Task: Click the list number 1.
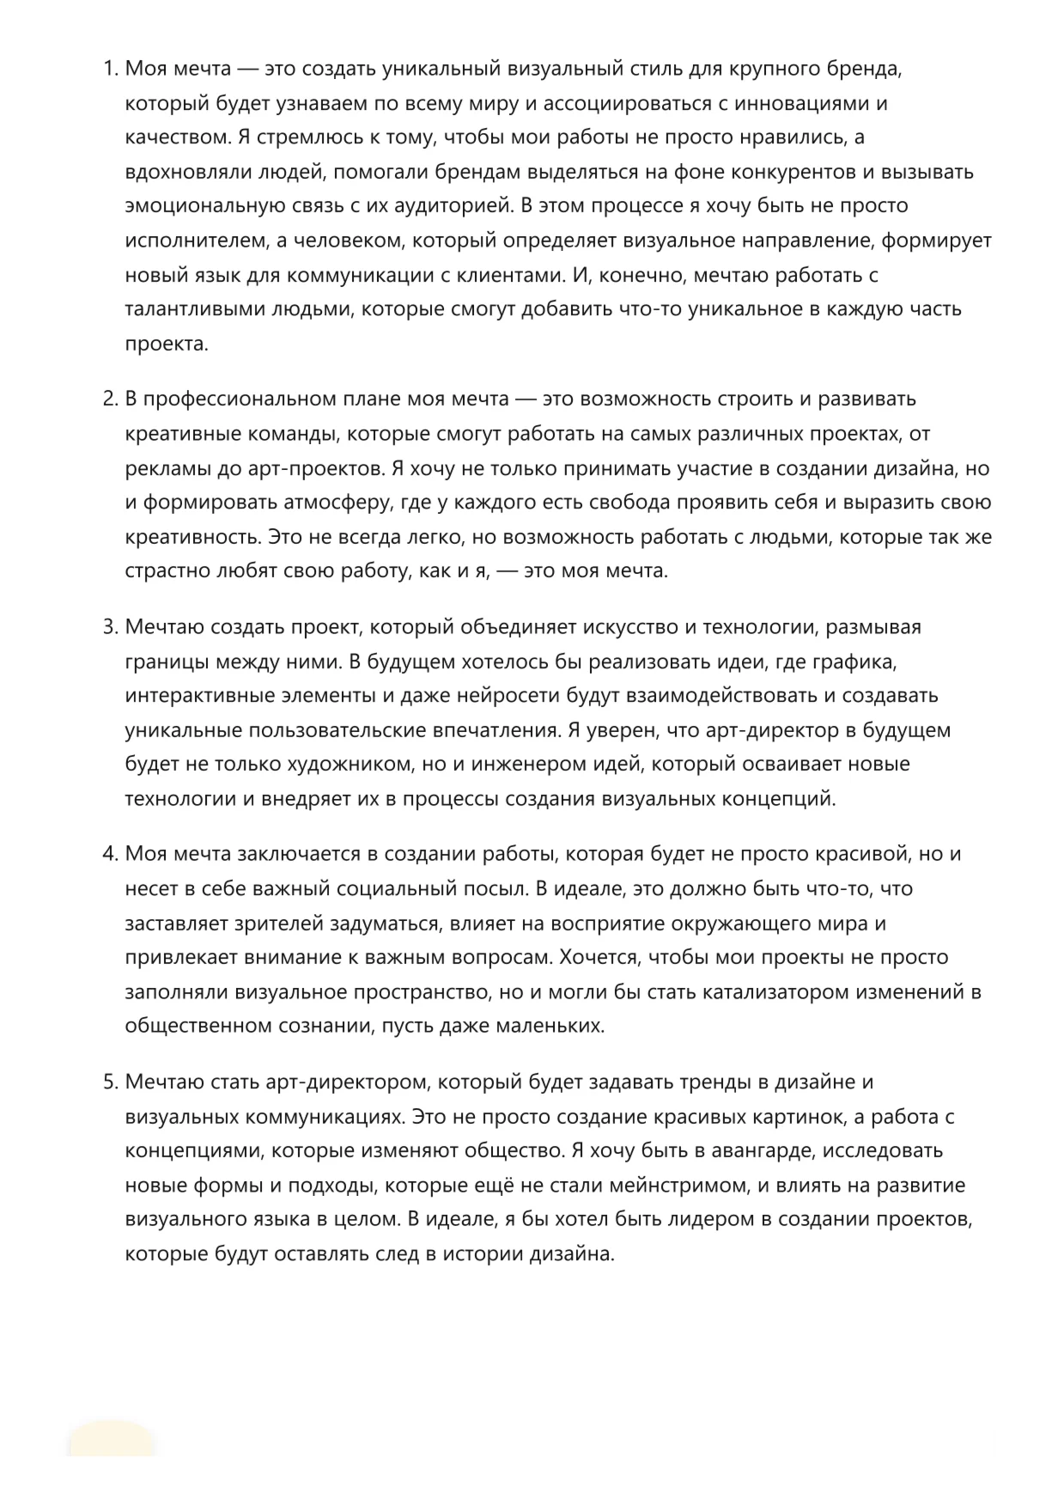point(110,69)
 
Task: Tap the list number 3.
point(110,626)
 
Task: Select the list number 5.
point(110,1082)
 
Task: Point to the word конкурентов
point(791,172)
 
